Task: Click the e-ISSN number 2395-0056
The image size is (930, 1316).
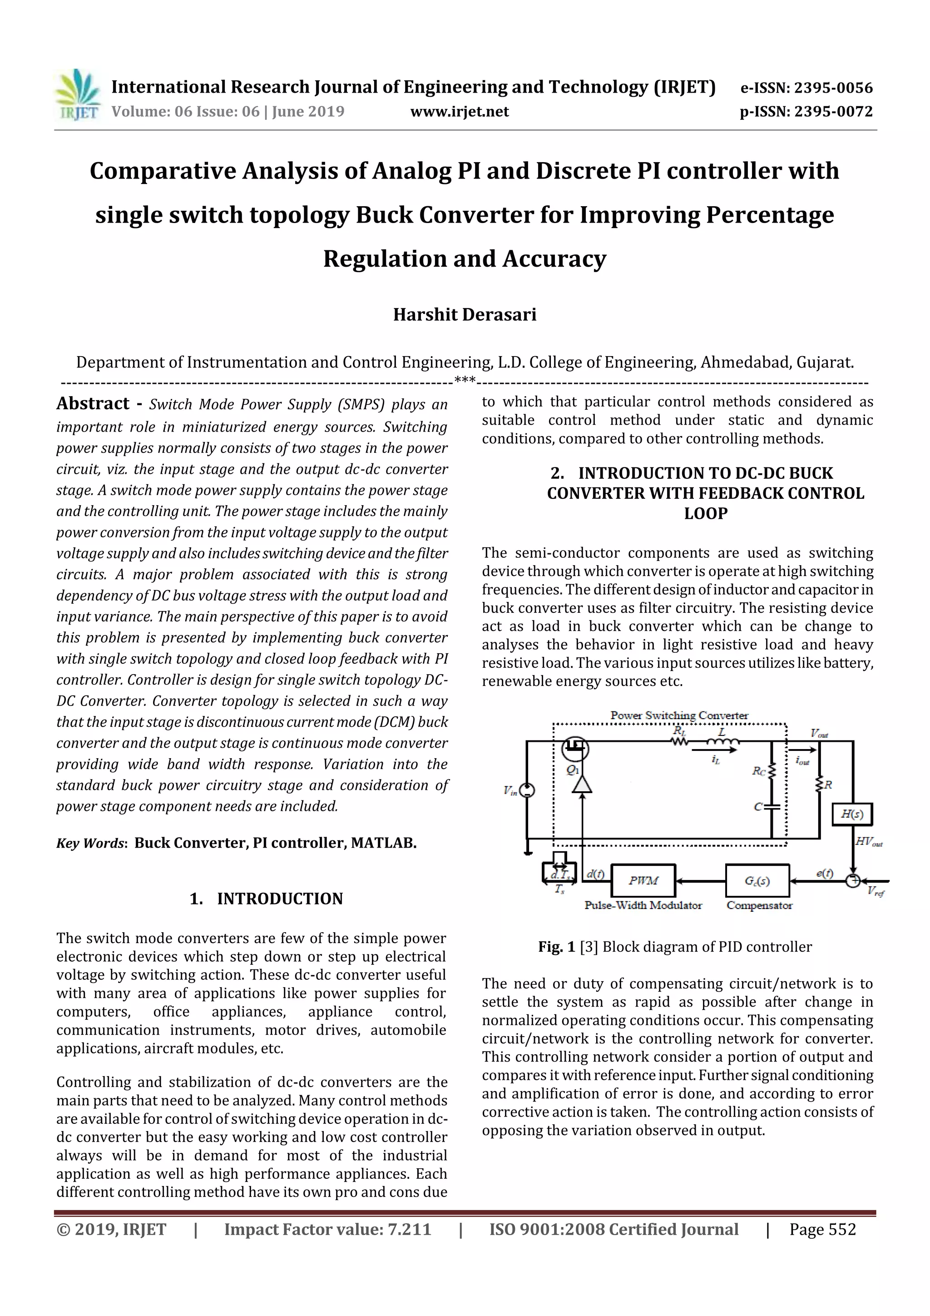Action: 832,88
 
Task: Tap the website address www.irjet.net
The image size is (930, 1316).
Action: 459,111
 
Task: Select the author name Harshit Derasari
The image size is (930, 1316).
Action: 464,315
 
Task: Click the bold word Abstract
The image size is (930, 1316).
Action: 93,403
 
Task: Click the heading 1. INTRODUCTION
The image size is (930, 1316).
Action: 266,898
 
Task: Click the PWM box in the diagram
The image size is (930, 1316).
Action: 643,880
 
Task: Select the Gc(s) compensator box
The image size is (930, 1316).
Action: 757,880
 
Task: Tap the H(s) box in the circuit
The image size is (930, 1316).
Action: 851,814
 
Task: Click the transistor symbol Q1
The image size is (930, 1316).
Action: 575,749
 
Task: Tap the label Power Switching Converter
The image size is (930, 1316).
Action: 678,715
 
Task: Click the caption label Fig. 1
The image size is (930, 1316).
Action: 556,946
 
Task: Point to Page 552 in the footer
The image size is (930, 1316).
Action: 822,1229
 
